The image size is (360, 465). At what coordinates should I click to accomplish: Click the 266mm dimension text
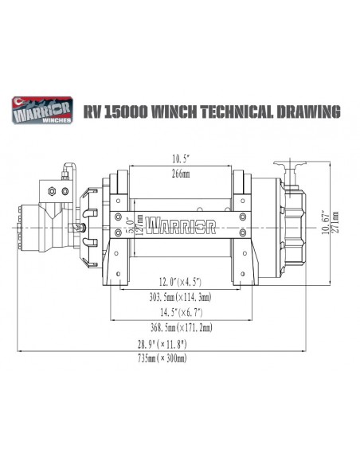coord(181,174)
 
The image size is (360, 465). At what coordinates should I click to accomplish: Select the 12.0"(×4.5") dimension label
coord(181,281)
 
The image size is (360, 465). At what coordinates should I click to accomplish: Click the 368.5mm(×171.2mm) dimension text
coord(181,327)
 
